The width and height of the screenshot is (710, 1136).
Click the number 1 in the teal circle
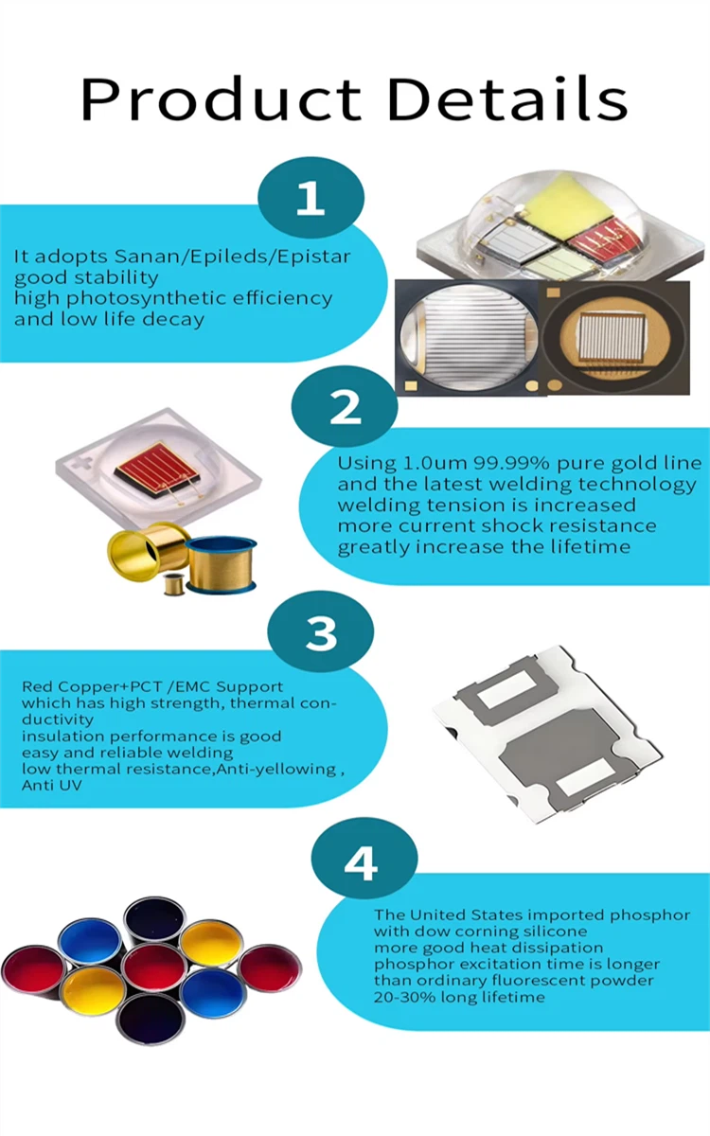(x=311, y=197)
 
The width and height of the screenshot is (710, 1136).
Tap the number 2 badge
(x=345, y=407)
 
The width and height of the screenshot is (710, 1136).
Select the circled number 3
(x=321, y=632)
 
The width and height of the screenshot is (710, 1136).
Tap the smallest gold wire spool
(x=173, y=584)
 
